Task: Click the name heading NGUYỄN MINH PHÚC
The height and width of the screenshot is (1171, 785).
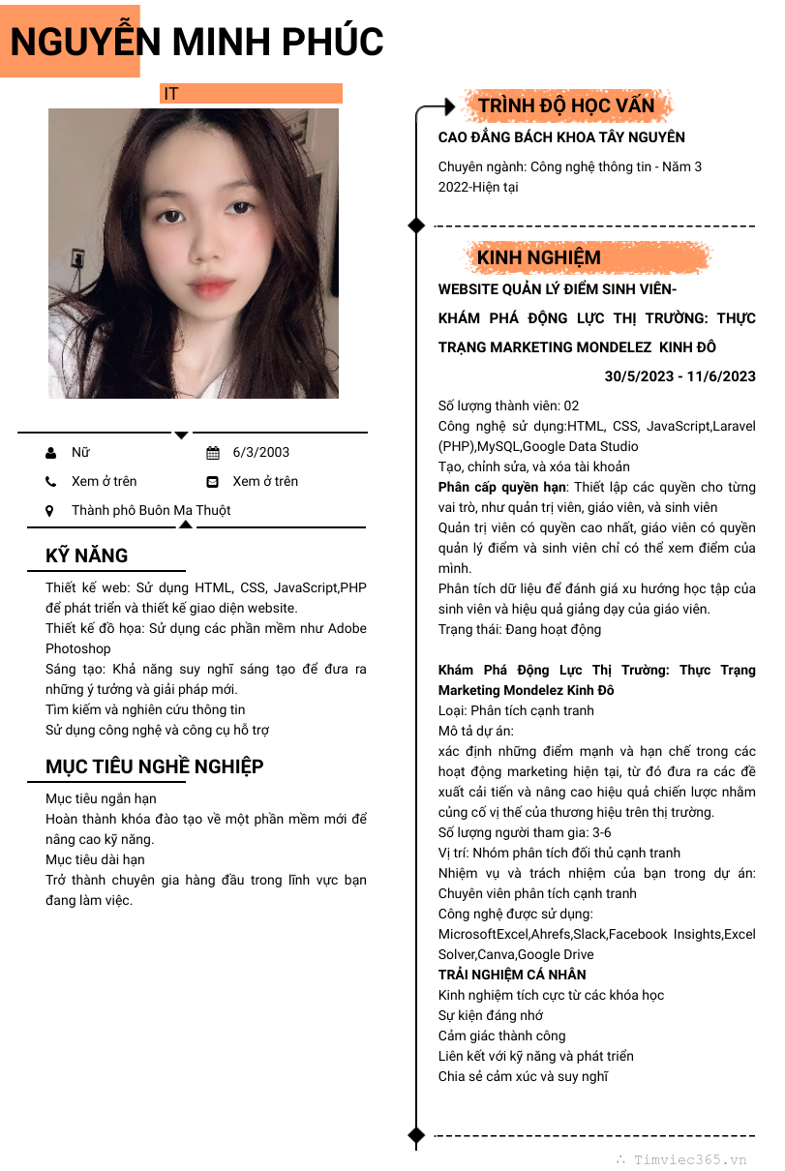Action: [x=196, y=42]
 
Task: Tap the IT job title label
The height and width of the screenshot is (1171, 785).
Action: [x=171, y=94]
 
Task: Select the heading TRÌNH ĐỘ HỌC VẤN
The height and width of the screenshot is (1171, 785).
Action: [x=566, y=105]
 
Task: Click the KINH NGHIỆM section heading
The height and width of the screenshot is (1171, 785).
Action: [x=539, y=257]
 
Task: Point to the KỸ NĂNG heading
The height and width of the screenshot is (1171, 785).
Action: [x=87, y=555]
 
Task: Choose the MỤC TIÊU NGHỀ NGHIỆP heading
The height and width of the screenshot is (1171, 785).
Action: [x=155, y=766]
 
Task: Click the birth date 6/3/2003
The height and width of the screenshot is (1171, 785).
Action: [x=261, y=452]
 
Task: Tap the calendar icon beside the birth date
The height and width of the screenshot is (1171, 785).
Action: [x=213, y=452]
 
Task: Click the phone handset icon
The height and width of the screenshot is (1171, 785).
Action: [x=50, y=481]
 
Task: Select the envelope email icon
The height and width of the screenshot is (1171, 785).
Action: [x=213, y=481]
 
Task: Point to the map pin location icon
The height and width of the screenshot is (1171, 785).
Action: [x=50, y=510]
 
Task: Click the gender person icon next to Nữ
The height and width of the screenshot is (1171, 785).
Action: [x=50, y=452]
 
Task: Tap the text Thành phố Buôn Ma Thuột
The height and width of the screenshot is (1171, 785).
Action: [x=151, y=510]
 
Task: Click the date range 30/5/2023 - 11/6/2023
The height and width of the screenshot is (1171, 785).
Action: [x=679, y=376]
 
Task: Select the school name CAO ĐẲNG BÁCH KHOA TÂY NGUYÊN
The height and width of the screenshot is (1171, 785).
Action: [x=561, y=137]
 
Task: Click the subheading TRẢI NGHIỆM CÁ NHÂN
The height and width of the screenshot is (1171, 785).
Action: [x=512, y=975]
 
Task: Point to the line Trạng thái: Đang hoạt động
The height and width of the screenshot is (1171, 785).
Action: [x=520, y=629]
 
